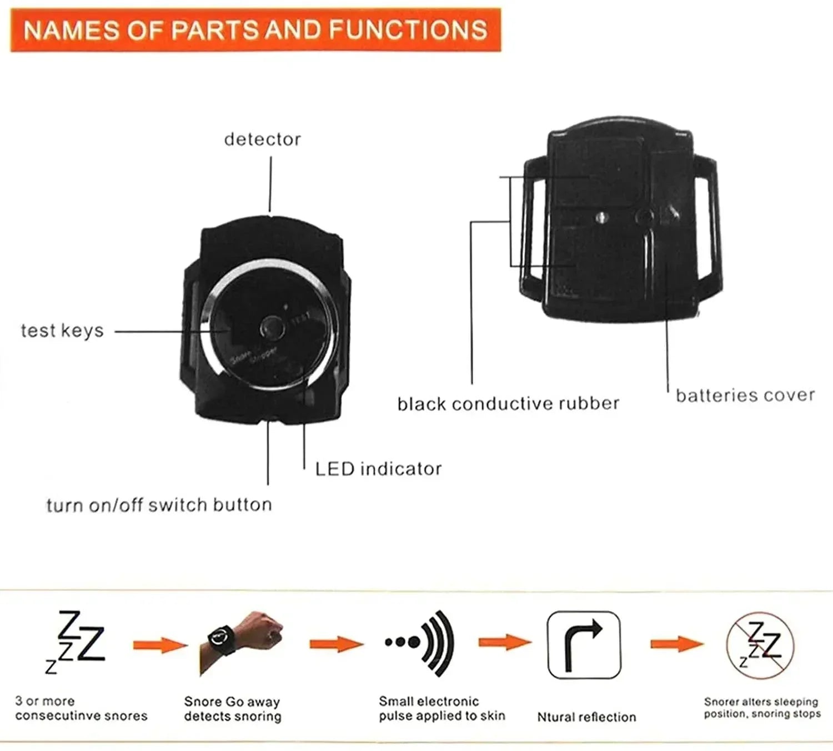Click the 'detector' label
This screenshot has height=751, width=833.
click(x=262, y=139)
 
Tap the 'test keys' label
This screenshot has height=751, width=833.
click(x=62, y=331)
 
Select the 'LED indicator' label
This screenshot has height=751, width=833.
click(x=378, y=469)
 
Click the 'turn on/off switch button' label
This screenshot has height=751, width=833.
click(x=159, y=505)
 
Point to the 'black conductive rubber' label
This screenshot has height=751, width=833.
click(x=508, y=403)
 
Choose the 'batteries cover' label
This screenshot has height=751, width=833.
click(x=745, y=395)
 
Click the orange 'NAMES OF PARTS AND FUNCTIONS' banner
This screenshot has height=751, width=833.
click(x=255, y=30)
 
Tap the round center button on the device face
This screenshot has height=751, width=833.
click(x=272, y=328)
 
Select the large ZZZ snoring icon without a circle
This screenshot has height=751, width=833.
click(x=77, y=642)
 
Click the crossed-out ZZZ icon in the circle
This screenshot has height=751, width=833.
click(x=760, y=645)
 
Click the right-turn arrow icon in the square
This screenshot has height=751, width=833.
click(x=584, y=645)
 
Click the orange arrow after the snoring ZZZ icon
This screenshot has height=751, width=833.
click(x=160, y=645)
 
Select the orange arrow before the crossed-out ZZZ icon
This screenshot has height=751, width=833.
click(x=676, y=644)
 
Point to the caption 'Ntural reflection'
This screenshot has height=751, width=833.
click(x=586, y=717)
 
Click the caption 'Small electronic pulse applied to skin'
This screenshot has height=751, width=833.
click(x=441, y=709)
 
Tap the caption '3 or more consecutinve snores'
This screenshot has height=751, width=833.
click(x=81, y=709)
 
